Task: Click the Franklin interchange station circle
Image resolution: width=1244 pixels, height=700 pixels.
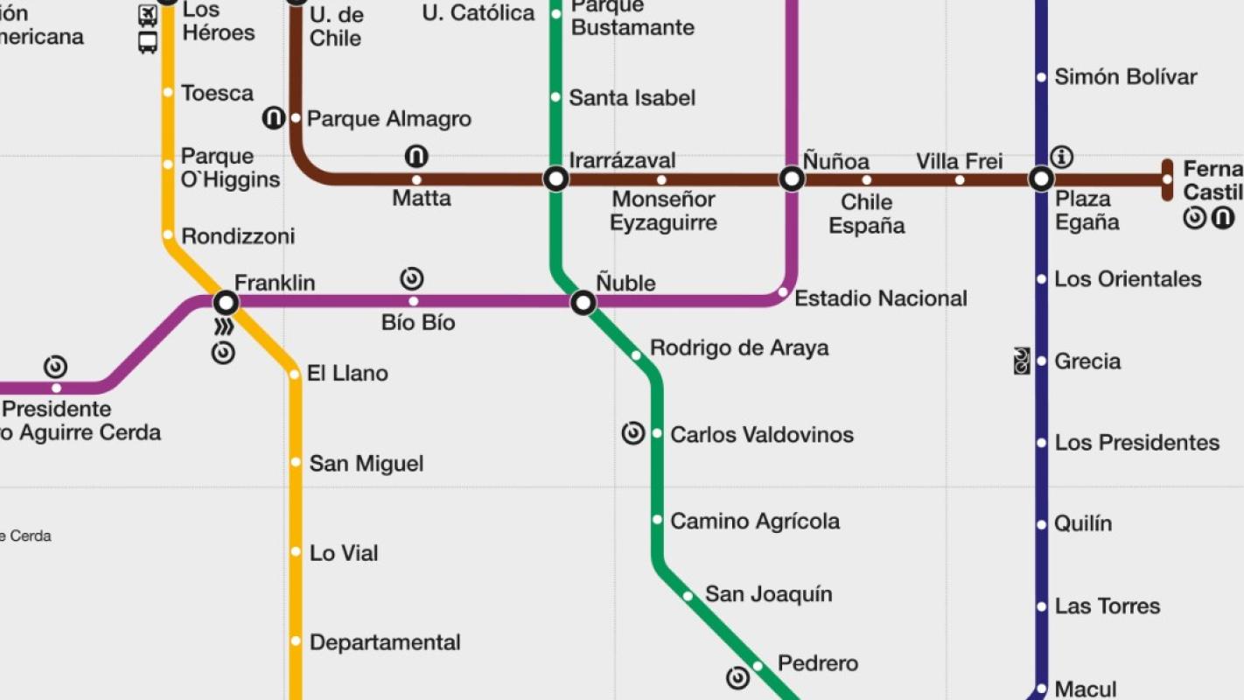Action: click(x=226, y=303)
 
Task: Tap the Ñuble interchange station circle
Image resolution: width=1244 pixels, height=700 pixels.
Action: click(x=584, y=303)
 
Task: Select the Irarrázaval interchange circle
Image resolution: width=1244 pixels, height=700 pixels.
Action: click(x=556, y=179)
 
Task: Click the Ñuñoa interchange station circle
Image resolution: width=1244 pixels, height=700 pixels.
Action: click(x=792, y=179)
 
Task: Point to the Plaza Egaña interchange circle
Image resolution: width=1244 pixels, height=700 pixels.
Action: click(x=1041, y=179)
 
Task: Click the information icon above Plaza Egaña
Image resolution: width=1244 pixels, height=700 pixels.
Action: click(x=1062, y=157)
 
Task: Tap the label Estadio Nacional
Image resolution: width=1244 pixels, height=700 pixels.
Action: click(x=880, y=298)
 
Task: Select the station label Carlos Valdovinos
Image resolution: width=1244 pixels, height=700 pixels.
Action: click(x=761, y=435)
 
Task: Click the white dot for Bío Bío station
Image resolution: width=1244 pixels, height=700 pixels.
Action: click(x=414, y=302)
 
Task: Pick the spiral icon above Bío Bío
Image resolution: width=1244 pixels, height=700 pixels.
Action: click(x=412, y=279)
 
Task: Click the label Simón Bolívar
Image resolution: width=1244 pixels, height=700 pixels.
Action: click(x=1125, y=77)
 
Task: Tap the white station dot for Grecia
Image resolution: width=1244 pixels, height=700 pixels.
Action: click(x=1041, y=360)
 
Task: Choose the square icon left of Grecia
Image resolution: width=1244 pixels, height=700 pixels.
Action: click(x=1021, y=360)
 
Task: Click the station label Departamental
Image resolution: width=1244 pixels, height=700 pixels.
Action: click(x=385, y=642)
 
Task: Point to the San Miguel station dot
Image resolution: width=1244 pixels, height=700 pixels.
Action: click(x=296, y=462)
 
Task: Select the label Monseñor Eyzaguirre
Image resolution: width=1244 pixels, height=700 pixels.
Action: click(x=663, y=211)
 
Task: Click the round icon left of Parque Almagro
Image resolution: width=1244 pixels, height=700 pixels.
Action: click(x=274, y=117)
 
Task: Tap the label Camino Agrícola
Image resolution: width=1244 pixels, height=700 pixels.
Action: click(x=754, y=521)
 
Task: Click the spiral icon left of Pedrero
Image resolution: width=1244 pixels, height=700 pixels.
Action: click(x=737, y=677)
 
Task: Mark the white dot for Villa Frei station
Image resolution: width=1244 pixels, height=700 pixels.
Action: click(x=960, y=180)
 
